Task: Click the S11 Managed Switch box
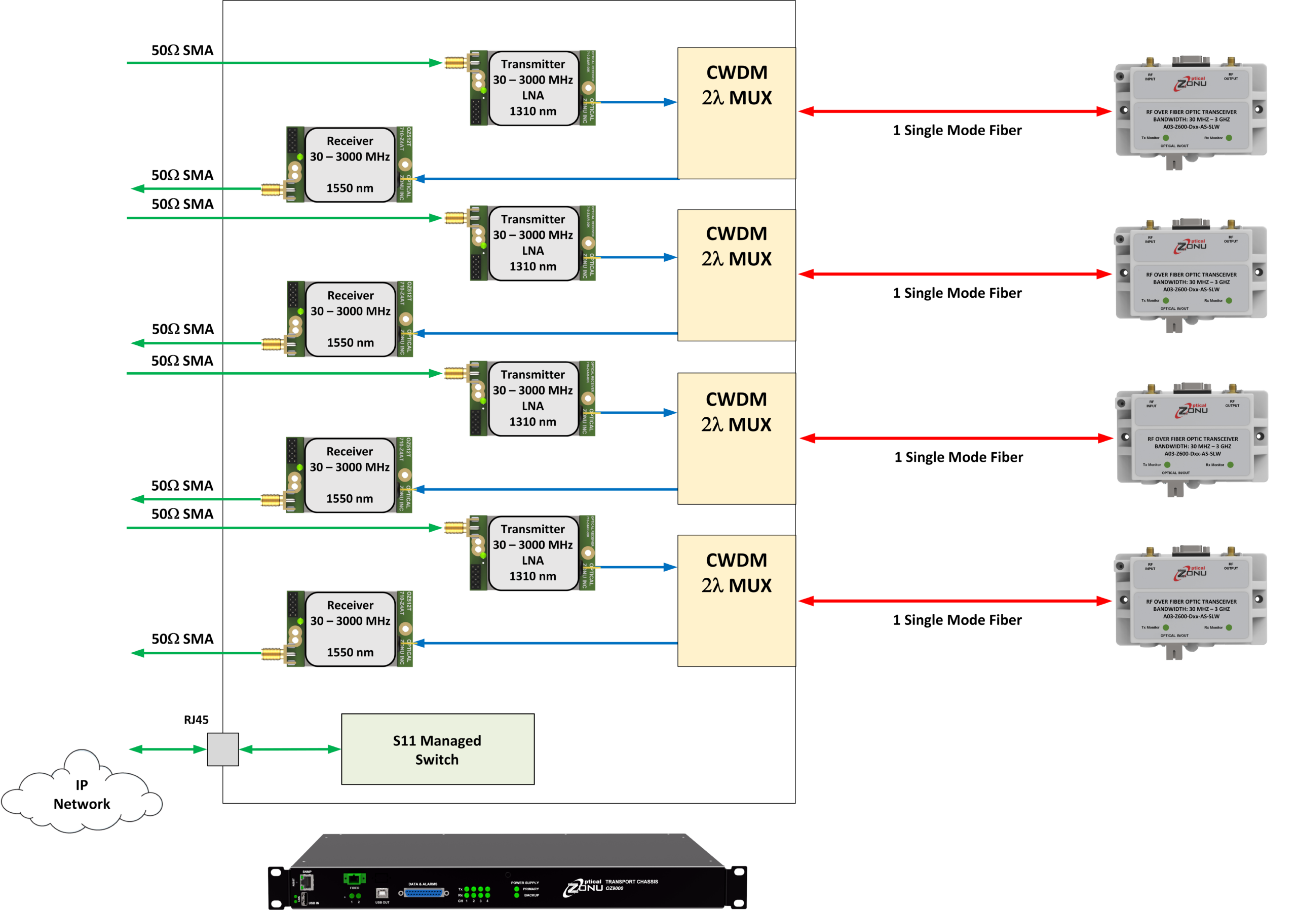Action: click(437, 748)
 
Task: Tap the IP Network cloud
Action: click(82, 794)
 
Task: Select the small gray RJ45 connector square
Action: click(222, 749)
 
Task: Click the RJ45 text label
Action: click(196, 720)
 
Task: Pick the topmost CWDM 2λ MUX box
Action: click(736, 113)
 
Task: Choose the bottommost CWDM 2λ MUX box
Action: click(736, 601)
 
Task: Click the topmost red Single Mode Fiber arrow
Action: click(955, 111)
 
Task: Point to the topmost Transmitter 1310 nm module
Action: click(532, 88)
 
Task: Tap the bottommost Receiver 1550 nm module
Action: click(350, 629)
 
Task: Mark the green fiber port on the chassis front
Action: click(354, 879)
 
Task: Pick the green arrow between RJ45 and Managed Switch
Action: click(290, 749)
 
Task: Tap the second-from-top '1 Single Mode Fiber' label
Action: click(957, 293)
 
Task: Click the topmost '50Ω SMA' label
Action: click(182, 50)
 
